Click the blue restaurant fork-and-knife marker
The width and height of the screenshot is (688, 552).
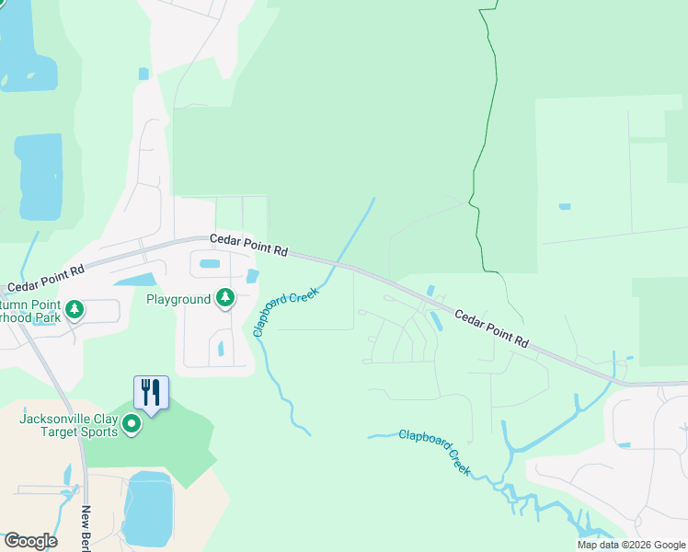pyautogui.click(x=151, y=394)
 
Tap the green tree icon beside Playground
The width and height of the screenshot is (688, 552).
pyautogui.click(x=224, y=298)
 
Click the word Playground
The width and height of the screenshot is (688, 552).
pyautogui.click(x=178, y=300)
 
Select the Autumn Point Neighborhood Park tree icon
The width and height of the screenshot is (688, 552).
pyautogui.click(x=75, y=310)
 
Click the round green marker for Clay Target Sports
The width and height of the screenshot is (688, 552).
pyautogui.click(x=132, y=424)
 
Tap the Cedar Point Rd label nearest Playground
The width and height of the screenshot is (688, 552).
pyautogui.click(x=248, y=244)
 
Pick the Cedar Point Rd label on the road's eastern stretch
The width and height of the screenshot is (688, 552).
pyautogui.click(x=492, y=327)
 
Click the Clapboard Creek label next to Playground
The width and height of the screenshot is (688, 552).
pyautogui.click(x=285, y=312)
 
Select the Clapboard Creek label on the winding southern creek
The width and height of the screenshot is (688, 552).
pyautogui.click(x=434, y=451)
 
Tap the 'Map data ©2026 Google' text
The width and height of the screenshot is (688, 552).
pyautogui.click(x=630, y=545)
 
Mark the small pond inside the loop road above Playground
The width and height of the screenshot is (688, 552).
pyautogui.click(x=210, y=264)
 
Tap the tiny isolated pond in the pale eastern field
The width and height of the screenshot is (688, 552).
pyautogui.click(x=564, y=206)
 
